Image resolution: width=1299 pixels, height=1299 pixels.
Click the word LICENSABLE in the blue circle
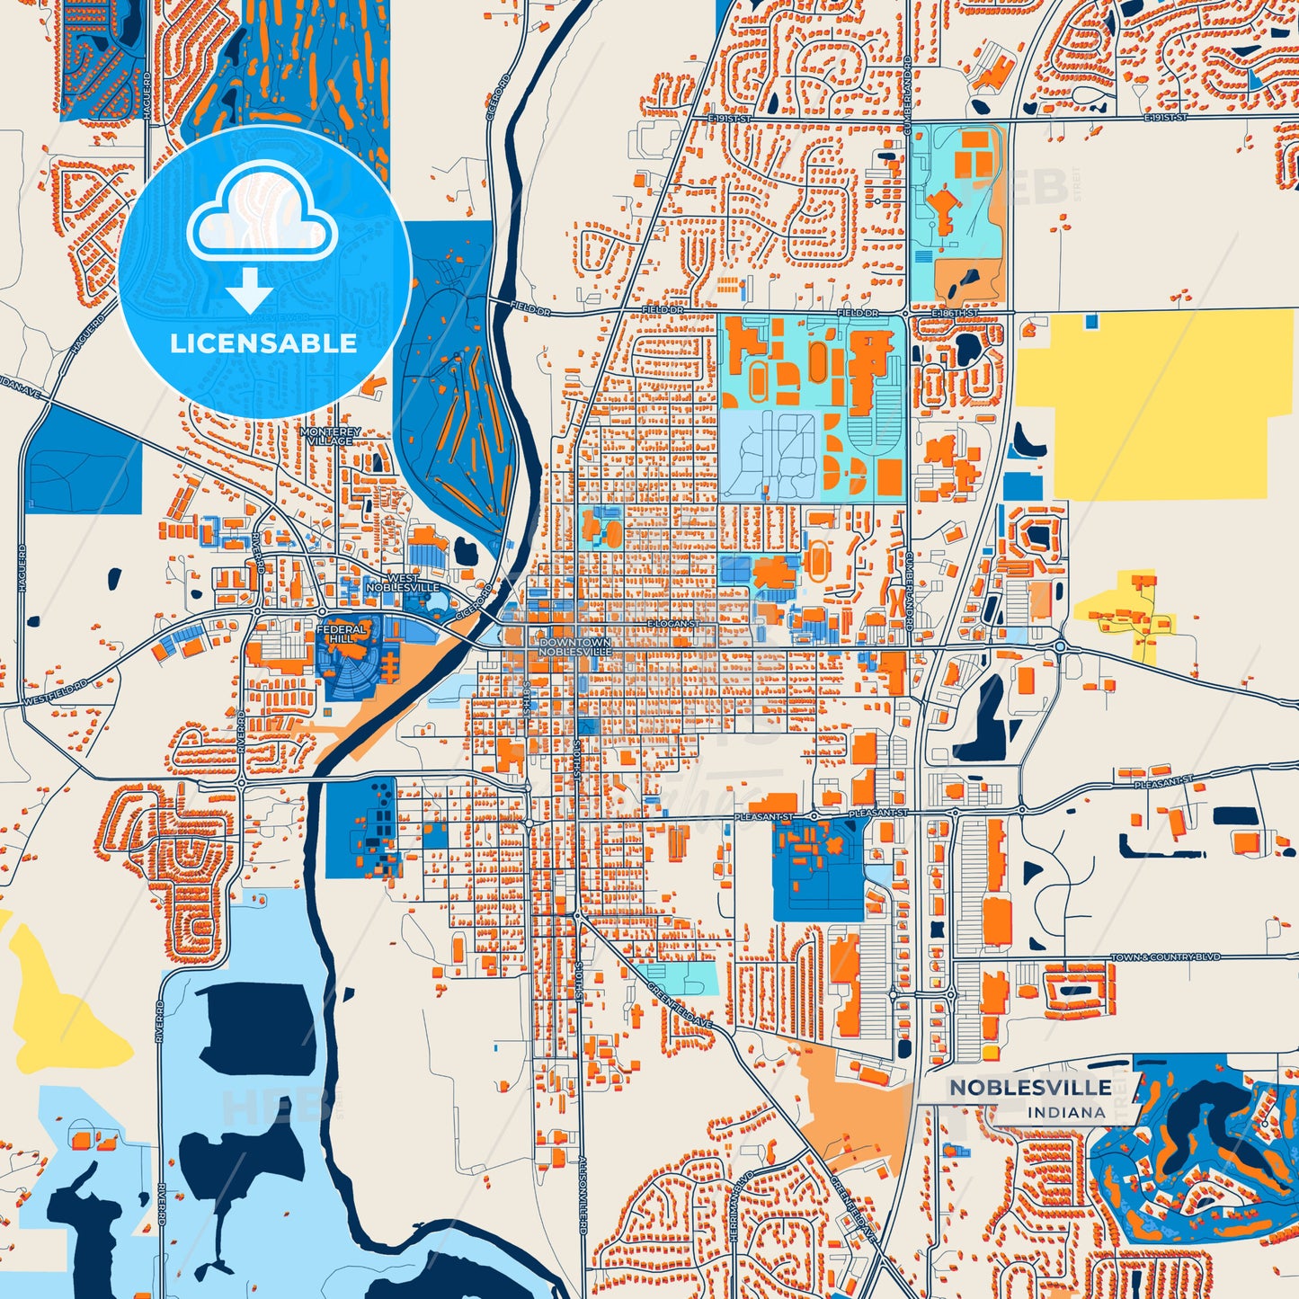[263, 343]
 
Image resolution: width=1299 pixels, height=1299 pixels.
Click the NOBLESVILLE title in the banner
[1030, 1087]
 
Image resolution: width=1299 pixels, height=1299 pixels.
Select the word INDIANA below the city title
[1066, 1112]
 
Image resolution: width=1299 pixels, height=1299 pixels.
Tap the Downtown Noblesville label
[575, 646]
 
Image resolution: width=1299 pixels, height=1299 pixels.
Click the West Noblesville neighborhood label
[403, 583]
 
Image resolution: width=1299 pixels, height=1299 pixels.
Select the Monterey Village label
[331, 436]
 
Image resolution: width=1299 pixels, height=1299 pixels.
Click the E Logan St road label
[672, 623]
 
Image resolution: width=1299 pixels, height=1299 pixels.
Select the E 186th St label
[953, 313]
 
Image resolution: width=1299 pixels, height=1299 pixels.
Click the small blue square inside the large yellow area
[1091, 321]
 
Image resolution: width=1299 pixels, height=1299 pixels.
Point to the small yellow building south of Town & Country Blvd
[990, 1052]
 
